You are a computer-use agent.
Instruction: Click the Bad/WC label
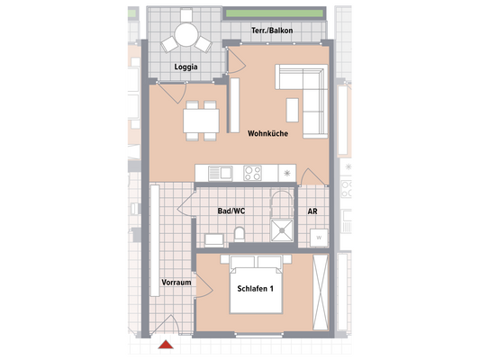231,212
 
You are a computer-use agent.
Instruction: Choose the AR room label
312,212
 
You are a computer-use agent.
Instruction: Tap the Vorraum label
177,283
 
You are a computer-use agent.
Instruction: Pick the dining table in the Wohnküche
201,120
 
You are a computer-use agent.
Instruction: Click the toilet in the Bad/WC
240,236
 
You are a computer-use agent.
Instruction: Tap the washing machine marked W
319,237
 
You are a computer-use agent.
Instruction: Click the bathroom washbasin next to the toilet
214,238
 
